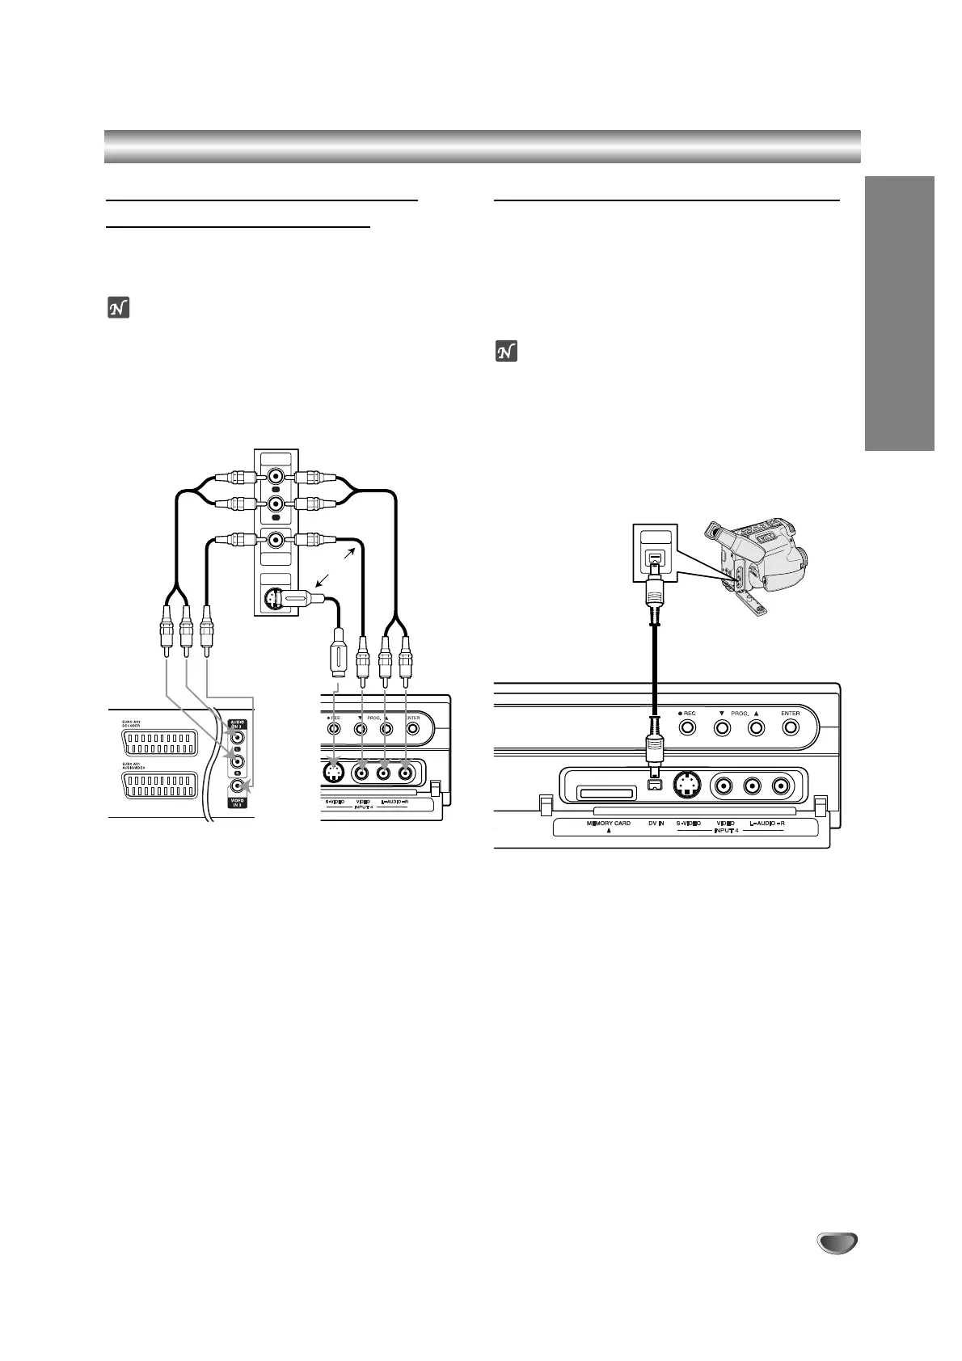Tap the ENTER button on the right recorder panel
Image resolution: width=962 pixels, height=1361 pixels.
point(791,727)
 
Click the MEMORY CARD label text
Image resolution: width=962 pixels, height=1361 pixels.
point(609,824)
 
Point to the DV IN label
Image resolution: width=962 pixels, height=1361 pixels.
point(656,824)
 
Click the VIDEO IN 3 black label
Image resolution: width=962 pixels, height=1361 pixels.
point(237,803)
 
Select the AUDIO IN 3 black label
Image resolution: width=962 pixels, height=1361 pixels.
point(237,724)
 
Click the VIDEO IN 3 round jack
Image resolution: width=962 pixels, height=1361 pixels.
point(237,785)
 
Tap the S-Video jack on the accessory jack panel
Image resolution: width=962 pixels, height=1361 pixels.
point(272,600)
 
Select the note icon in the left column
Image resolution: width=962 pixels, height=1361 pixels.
point(117,309)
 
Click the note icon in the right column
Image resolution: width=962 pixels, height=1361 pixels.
point(505,352)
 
